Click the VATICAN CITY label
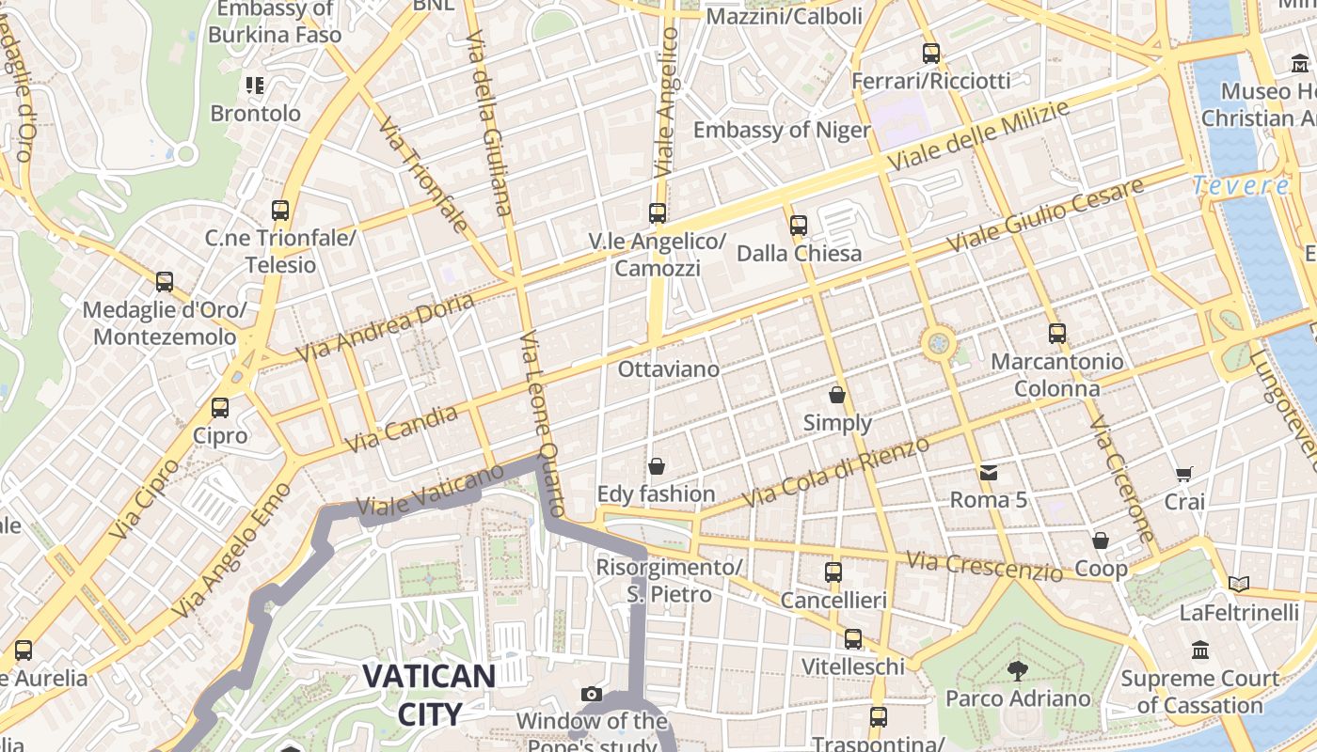pyautogui.click(x=429, y=694)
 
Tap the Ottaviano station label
pyautogui.click(x=669, y=369)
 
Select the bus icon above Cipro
pyautogui.click(x=220, y=408)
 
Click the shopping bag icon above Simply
pyautogui.click(x=837, y=396)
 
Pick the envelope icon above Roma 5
pyautogui.click(x=989, y=472)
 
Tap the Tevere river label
pyautogui.click(x=1240, y=185)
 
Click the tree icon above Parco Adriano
pyautogui.click(x=1017, y=670)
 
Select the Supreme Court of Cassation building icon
pyautogui.click(x=1200, y=650)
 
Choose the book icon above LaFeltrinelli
pyautogui.click(x=1239, y=585)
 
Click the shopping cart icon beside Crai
pyautogui.click(x=1184, y=475)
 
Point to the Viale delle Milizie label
pyautogui.click(x=978, y=137)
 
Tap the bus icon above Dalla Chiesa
pyautogui.click(x=799, y=225)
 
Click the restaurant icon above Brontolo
pyautogui.click(x=255, y=86)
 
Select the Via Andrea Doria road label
pyautogui.click(x=386, y=328)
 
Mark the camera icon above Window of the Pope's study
pyautogui.click(x=592, y=695)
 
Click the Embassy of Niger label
pyautogui.click(x=782, y=130)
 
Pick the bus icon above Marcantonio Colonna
pyautogui.click(x=1057, y=334)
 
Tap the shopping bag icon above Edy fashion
pyautogui.click(x=657, y=466)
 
